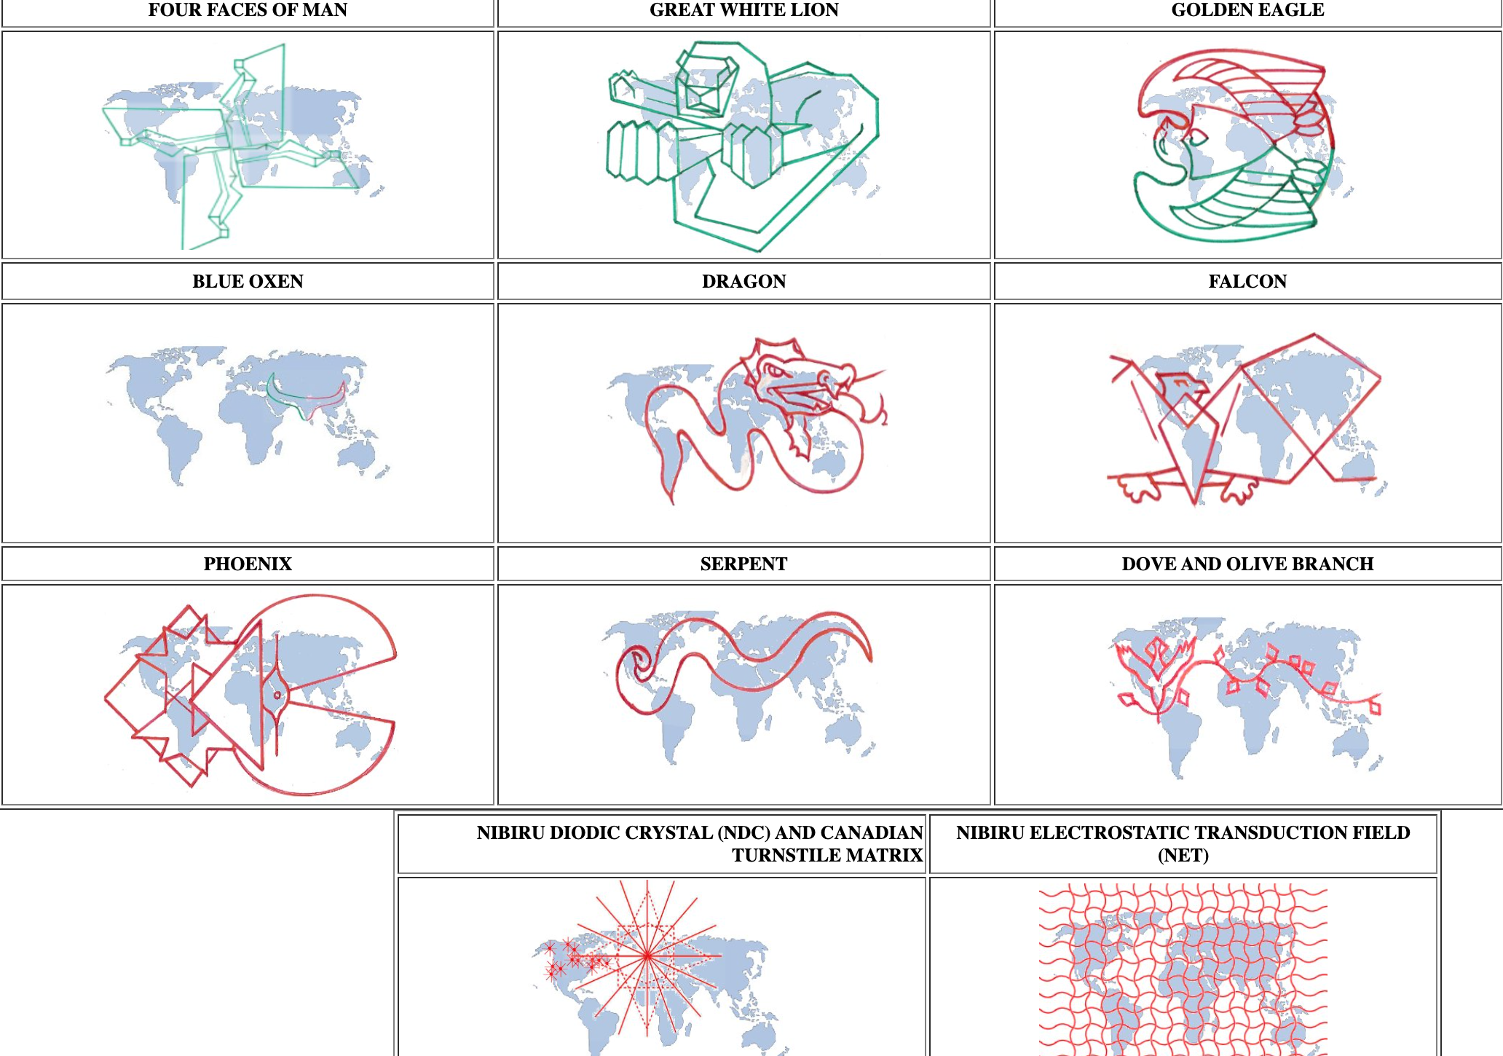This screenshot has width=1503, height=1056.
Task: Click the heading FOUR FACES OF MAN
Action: point(248,10)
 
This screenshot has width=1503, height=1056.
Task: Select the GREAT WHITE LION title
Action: point(743,10)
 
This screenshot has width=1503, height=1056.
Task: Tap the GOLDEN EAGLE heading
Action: point(1247,10)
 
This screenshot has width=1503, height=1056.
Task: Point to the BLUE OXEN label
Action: point(248,281)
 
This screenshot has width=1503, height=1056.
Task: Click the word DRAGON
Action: point(743,281)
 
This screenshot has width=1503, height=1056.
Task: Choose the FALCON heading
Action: point(1247,281)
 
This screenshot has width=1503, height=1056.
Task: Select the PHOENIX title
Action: point(248,564)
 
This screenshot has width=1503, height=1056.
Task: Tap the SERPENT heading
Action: point(743,564)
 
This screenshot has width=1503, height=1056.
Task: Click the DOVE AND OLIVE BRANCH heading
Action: point(1247,564)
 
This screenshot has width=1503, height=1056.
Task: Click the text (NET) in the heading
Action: point(1183,855)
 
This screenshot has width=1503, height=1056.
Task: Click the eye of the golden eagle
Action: point(1196,136)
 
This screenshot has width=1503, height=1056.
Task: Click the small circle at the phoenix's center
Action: point(277,696)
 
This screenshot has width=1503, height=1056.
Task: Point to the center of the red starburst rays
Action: point(647,955)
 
